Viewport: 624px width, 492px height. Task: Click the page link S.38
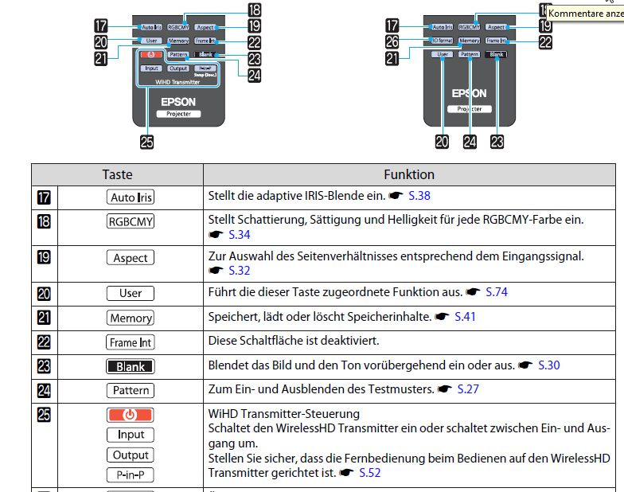pyautogui.click(x=419, y=195)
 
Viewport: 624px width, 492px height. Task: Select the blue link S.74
pyautogui.click(x=496, y=292)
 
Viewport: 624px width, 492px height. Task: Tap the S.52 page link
pyautogui.click(x=369, y=473)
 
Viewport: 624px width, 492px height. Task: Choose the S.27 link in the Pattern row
pyautogui.click(x=466, y=389)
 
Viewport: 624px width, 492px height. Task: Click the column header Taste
pyautogui.click(x=117, y=174)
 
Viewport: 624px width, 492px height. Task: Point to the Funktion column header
pyautogui.click(x=409, y=174)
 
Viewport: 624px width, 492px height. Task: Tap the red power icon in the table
pyautogui.click(x=131, y=415)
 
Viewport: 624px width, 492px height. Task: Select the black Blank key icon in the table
pyautogui.click(x=131, y=366)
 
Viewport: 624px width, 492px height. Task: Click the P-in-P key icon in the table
pyautogui.click(x=131, y=475)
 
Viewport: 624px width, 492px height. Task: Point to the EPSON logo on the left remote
pyautogui.click(x=177, y=102)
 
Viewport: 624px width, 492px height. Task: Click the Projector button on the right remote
pyautogui.click(x=469, y=108)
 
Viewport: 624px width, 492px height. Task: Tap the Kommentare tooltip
pyautogui.click(x=585, y=13)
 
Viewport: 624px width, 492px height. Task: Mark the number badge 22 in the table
pyautogui.click(x=44, y=342)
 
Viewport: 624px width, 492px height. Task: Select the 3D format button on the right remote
pyautogui.click(x=441, y=40)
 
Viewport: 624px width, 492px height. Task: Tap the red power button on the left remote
pyautogui.click(x=149, y=55)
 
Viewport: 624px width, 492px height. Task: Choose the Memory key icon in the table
pyautogui.click(x=131, y=318)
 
